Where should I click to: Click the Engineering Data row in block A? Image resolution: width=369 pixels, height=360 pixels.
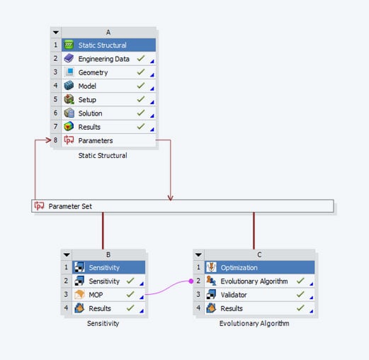tap(103, 59)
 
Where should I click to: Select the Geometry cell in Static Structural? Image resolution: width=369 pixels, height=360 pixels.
tap(93, 72)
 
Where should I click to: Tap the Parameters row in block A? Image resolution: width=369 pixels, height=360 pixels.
tap(95, 140)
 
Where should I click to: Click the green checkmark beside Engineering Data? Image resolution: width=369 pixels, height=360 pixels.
tap(142, 59)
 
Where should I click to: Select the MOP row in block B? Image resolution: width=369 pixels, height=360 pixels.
tap(96, 294)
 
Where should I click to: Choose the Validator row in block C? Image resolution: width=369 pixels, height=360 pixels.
tap(234, 295)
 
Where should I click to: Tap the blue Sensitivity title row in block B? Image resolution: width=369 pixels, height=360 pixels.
tap(104, 268)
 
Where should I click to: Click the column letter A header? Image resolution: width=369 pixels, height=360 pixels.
tap(108, 32)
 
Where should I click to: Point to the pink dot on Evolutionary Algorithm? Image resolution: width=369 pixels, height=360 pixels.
tap(191, 281)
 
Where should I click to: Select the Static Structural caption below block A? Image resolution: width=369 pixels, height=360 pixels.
tap(103, 154)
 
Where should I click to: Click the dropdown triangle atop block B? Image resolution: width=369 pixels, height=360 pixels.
tap(67, 254)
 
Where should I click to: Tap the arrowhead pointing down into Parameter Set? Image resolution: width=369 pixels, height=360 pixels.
tap(171, 196)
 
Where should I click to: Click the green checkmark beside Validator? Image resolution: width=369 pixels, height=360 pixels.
tap(301, 295)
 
